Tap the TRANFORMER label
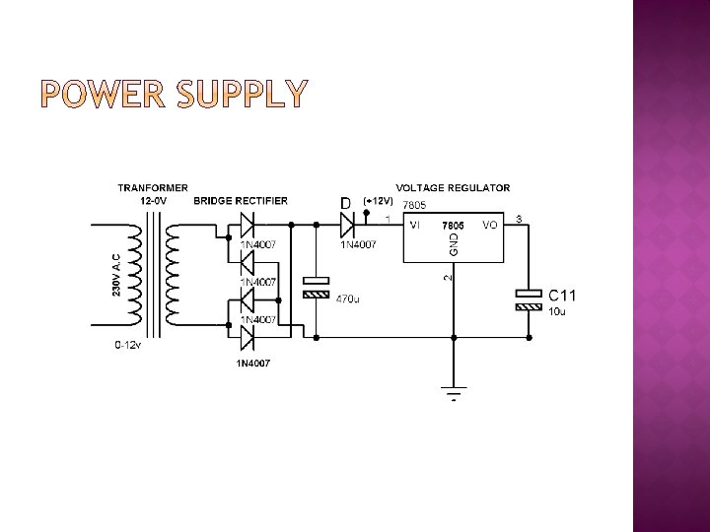pos(153,187)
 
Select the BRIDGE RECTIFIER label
pos(241,201)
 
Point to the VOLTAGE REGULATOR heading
pos(453,187)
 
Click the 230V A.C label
pos(117,263)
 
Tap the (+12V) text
pos(379,202)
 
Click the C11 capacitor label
pos(562,295)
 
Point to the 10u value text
pos(557,311)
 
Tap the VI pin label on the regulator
pos(415,225)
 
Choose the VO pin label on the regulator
pos(490,225)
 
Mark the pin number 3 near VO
pos(520,218)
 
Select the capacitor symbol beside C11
pos(529,299)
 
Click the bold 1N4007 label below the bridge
pos(252,364)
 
